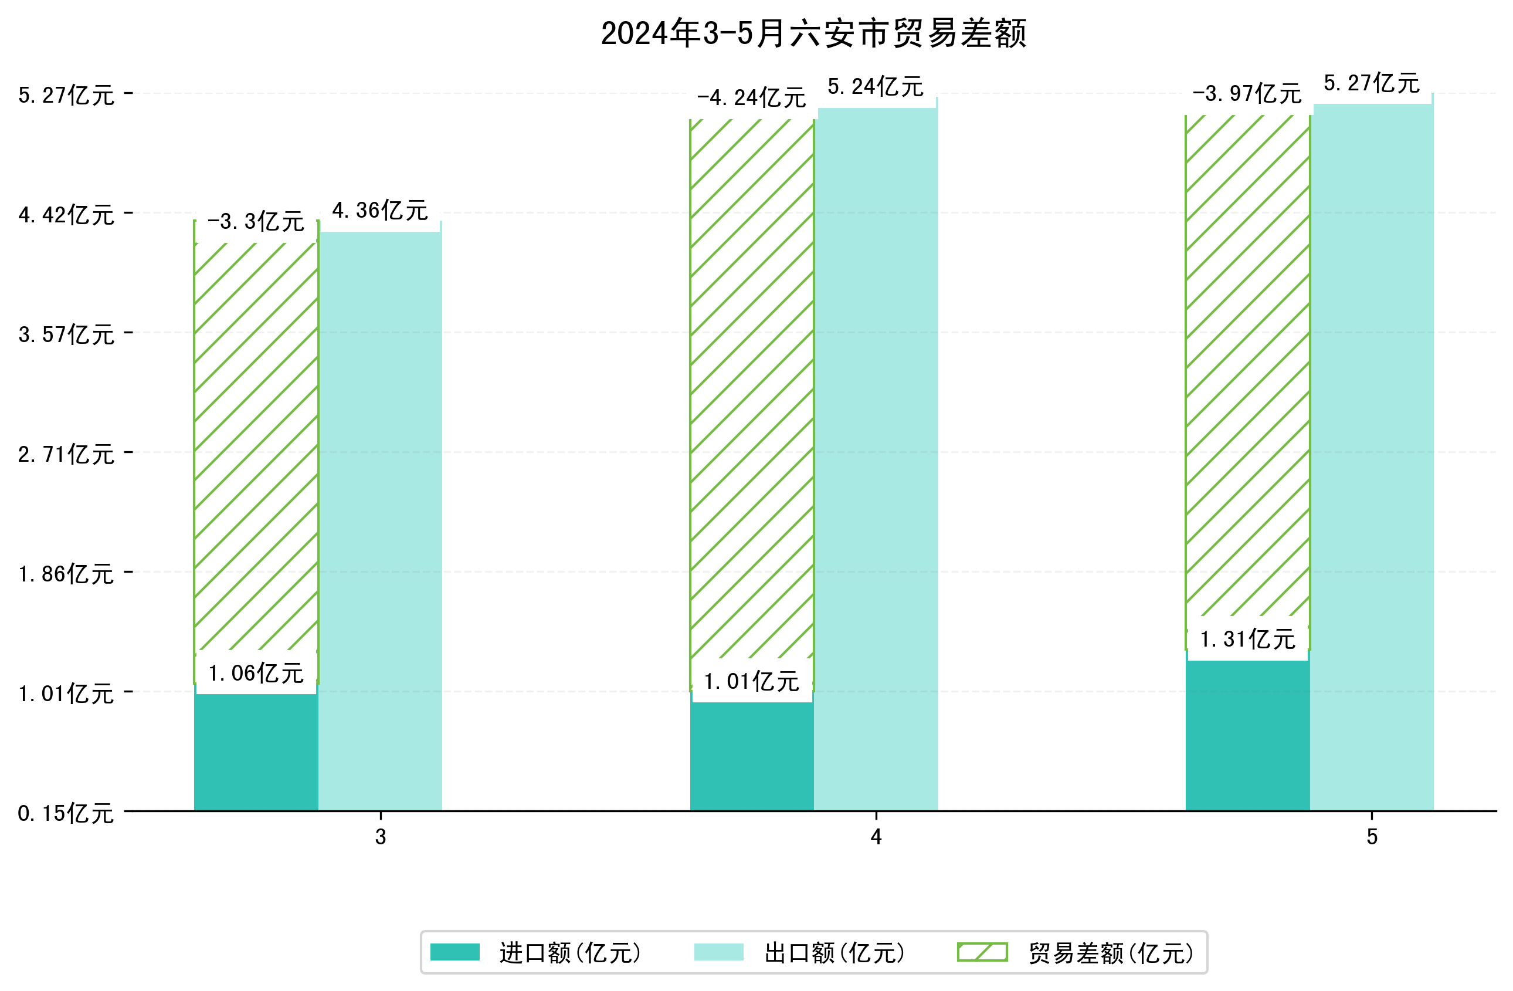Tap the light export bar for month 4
point(876,458)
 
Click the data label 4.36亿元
point(379,211)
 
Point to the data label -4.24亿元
point(751,98)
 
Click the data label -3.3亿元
point(256,222)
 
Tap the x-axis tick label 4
point(876,837)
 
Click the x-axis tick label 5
point(1372,837)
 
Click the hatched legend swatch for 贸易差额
point(982,952)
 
